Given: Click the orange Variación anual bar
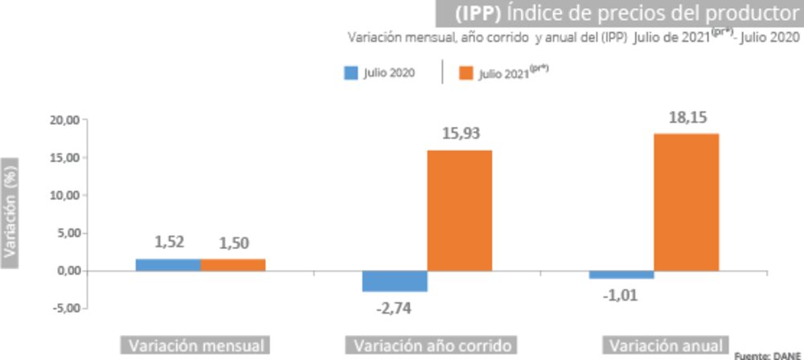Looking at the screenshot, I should click(x=686, y=202).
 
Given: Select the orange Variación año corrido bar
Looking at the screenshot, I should click(x=459, y=211).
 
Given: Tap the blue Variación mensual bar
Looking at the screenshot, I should click(x=167, y=264).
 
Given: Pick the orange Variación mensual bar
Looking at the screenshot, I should click(x=232, y=264).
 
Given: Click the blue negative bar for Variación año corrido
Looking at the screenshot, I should click(x=395, y=280).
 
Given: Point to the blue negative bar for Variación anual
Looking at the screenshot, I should click(x=621, y=274).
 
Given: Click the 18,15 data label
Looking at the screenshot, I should click(x=687, y=118).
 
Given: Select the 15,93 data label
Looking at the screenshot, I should click(x=461, y=134).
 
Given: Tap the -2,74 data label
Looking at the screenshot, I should click(x=393, y=306).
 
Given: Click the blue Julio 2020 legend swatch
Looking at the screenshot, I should click(x=351, y=73).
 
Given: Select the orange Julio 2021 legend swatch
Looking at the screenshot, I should click(x=465, y=73).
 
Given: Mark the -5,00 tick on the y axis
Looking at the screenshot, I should click(x=64, y=308).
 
